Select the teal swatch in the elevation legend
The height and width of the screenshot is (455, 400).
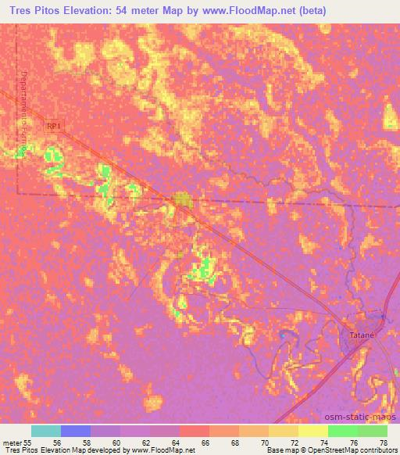pos(45,431)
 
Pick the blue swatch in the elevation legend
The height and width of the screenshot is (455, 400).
pos(76,431)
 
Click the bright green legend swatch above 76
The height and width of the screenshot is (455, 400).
pos(342,431)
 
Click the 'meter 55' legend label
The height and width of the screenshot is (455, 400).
pos(16,442)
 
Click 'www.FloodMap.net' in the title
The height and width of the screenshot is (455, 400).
pos(247,10)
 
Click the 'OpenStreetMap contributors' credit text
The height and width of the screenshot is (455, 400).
pos(348,450)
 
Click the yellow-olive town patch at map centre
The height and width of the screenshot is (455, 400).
pos(183,202)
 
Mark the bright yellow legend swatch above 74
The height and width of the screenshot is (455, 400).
pos(312,431)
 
